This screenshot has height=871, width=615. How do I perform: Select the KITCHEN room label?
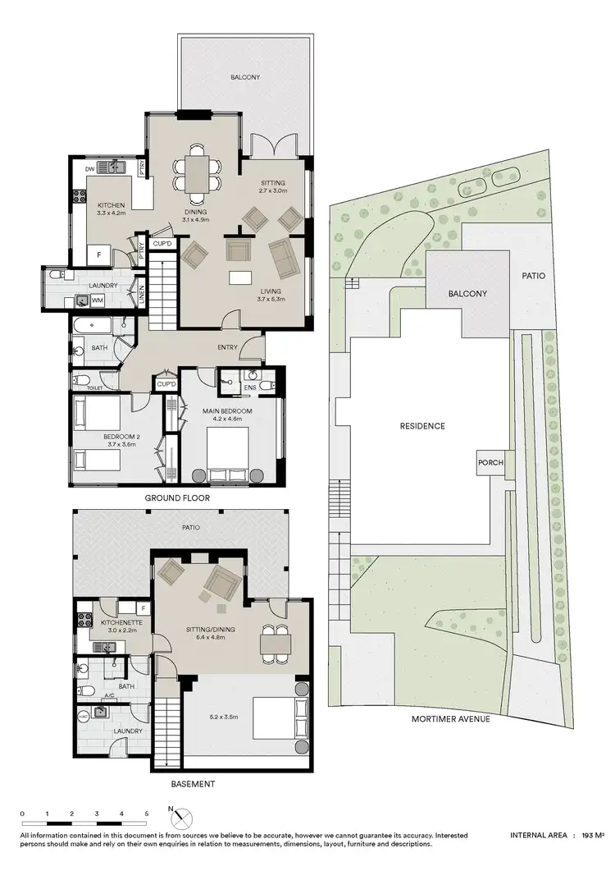[x=111, y=205]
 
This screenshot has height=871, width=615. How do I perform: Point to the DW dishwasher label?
[x=90, y=169]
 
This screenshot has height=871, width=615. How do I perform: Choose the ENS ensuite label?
[x=250, y=387]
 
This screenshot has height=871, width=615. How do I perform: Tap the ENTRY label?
[x=227, y=347]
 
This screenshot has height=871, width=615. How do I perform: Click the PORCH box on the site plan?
[x=489, y=463]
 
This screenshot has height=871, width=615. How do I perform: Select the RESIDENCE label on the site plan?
[x=422, y=426]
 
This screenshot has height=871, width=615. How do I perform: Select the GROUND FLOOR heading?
[x=177, y=498]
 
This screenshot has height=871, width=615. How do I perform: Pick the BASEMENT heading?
[x=194, y=784]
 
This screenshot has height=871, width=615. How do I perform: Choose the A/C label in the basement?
[x=109, y=696]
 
